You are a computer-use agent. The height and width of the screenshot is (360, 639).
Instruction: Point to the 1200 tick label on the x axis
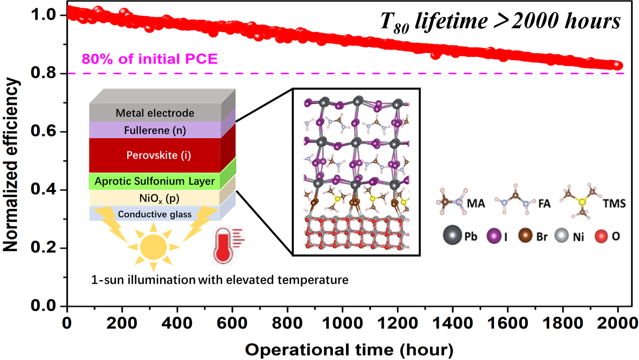[x=397, y=323]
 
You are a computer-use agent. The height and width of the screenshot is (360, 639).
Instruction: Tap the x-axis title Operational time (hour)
[x=349, y=349]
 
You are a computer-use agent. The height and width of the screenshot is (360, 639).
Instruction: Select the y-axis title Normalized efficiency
[x=11, y=164]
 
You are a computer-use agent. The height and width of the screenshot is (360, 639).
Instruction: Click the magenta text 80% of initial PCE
[x=149, y=59]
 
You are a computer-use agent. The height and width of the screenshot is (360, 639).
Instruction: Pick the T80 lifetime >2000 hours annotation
[x=500, y=21]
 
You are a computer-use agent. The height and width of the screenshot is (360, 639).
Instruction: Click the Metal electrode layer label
[x=155, y=113]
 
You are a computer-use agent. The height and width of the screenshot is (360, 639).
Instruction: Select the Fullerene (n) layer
[x=155, y=131]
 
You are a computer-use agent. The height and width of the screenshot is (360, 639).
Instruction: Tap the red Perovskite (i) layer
[x=155, y=155]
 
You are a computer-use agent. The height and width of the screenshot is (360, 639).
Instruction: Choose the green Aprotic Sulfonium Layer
[x=155, y=181]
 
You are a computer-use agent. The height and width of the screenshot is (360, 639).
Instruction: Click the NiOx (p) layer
[x=155, y=198]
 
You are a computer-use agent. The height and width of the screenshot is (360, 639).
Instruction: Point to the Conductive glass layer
[x=155, y=214]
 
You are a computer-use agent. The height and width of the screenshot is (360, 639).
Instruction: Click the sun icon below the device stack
[x=153, y=246]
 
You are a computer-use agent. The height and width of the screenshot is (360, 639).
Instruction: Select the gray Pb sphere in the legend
[x=452, y=236]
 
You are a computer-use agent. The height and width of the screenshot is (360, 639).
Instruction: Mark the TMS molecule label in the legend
[x=614, y=203]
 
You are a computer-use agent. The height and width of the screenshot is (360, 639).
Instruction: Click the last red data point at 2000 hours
[x=618, y=65]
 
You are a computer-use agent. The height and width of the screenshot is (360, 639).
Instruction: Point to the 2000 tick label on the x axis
[x=618, y=323]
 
